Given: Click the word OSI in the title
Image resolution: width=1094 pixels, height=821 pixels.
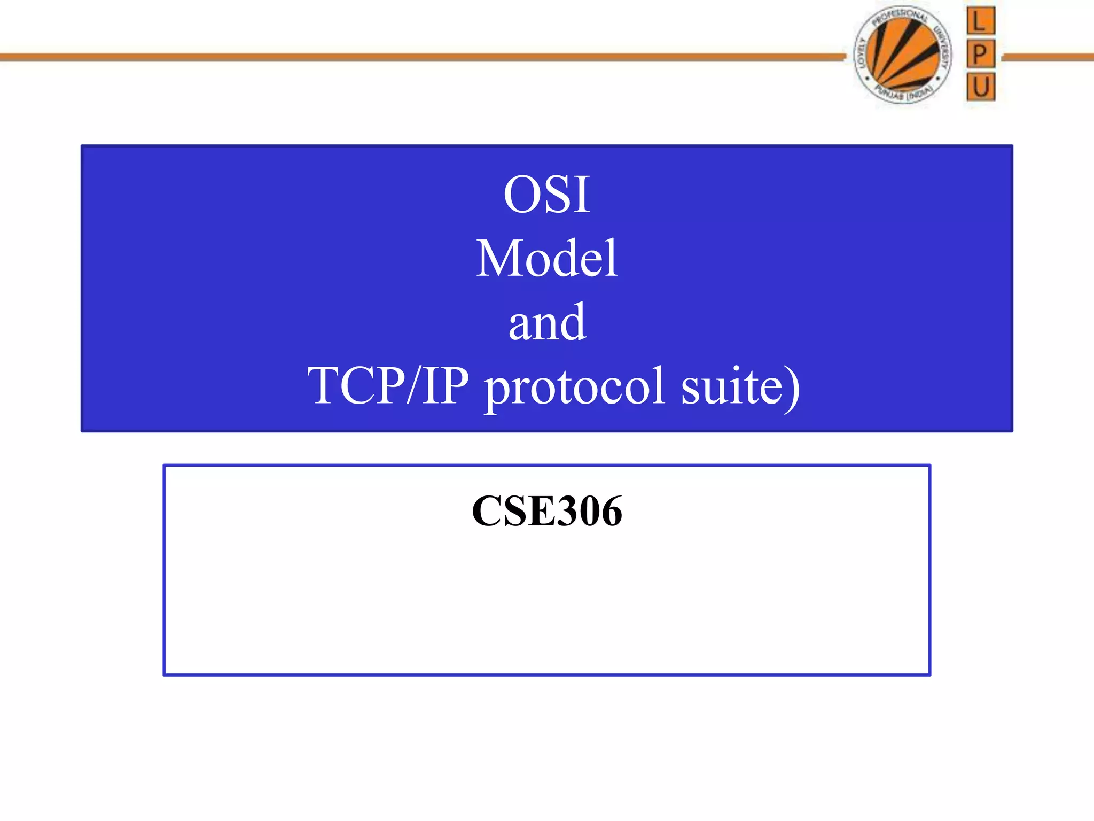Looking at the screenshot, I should coord(546,195).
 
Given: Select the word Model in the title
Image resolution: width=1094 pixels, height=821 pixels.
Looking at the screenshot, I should coord(546,259).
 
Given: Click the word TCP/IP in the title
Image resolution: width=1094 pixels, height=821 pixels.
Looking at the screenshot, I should coord(388,385).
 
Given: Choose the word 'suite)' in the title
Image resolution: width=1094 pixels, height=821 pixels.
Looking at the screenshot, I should coord(740,386).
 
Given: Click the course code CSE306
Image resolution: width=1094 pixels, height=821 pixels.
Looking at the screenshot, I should coord(547,511).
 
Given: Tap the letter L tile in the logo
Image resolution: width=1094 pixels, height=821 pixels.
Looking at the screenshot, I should coord(980,21).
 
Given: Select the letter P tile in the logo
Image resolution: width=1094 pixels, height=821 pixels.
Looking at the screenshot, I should coord(980,54).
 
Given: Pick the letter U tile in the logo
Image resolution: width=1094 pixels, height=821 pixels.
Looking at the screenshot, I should coord(981,87).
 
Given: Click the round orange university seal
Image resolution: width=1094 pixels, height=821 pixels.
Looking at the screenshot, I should coord(902,55).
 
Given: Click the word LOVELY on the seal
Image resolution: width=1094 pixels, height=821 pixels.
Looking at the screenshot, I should coord(862,54).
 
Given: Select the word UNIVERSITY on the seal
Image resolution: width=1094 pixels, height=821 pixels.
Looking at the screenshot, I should coord(943,51).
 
